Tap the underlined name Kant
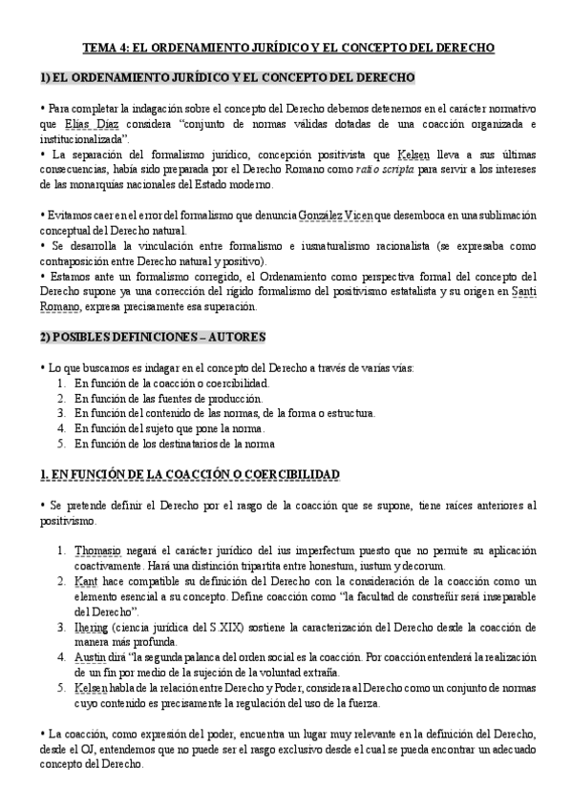[x=85, y=582]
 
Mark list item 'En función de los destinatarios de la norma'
[x=175, y=444]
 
